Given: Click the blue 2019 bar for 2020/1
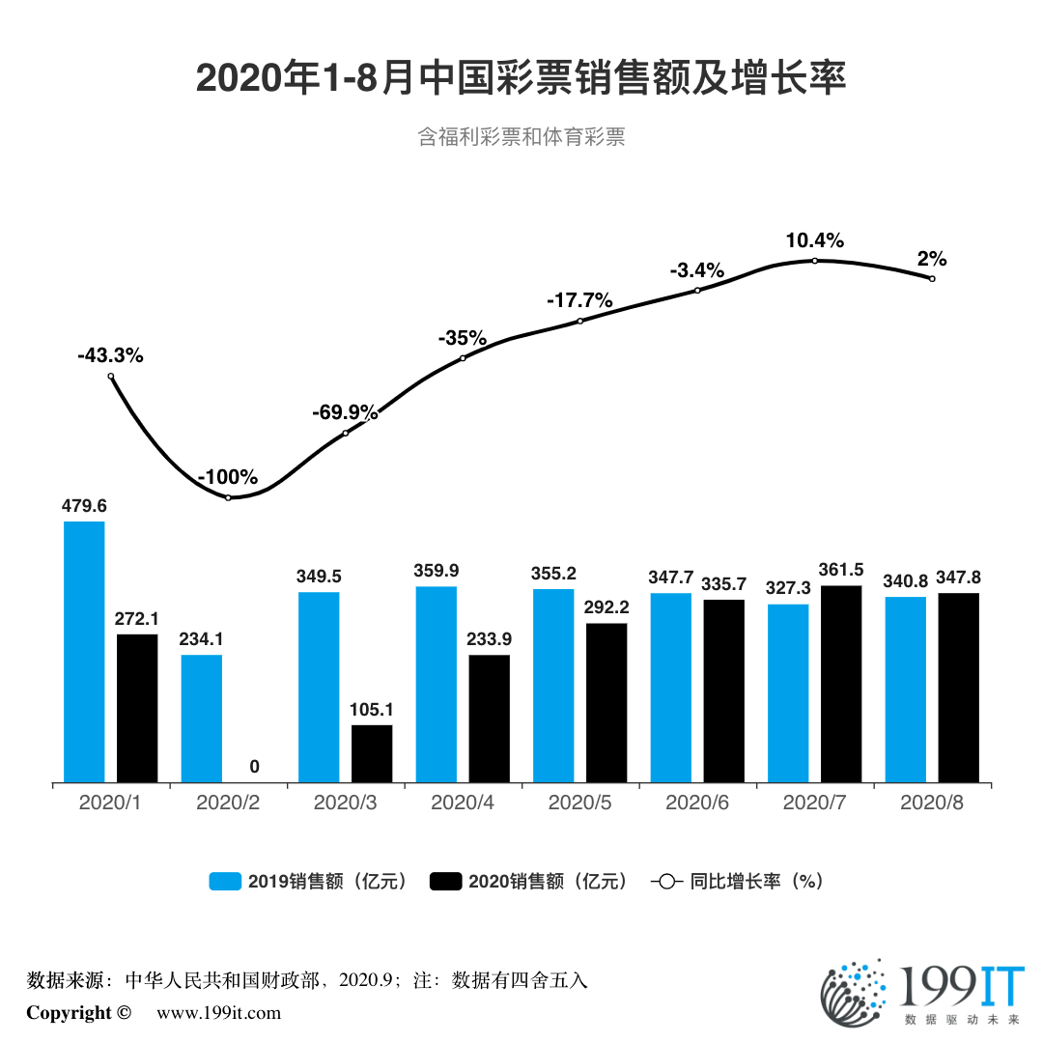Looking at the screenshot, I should pyautogui.click(x=84, y=652).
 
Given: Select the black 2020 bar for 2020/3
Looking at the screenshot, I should pyautogui.click(x=372, y=753).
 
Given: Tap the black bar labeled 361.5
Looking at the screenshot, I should pyautogui.click(x=840, y=684).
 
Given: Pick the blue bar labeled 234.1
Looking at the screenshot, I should pyautogui.click(x=201, y=719).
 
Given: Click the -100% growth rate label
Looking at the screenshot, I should pyautogui.click(x=228, y=477).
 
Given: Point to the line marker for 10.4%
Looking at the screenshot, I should pyautogui.click(x=814, y=261).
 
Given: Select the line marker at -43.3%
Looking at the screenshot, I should pyautogui.click(x=111, y=377).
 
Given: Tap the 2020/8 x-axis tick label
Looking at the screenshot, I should pyautogui.click(x=931, y=803).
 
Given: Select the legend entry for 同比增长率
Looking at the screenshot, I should pyautogui.click(x=738, y=881).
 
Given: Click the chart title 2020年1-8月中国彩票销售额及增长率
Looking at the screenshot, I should pyautogui.click(x=521, y=77).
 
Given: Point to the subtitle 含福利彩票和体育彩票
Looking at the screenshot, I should pyautogui.click(x=521, y=136).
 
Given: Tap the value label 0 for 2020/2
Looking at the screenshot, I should pyautogui.click(x=254, y=767).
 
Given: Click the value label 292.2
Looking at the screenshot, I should pyautogui.click(x=606, y=607).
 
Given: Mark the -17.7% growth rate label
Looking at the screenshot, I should pyautogui.click(x=579, y=300).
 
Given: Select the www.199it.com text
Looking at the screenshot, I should pyautogui.click(x=218, y=1013).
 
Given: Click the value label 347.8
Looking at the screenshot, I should pyautogui.click(x=958, y=578).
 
